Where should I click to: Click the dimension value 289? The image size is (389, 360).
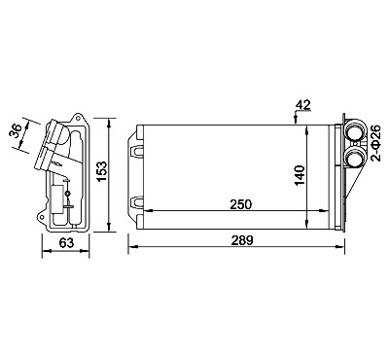click(x=242, y=240)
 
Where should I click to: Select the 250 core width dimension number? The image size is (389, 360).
click(x=241, y=204)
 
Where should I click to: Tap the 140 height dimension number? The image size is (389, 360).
click(x=300, y=175)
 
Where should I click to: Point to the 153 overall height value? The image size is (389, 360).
click(x=102, y=172)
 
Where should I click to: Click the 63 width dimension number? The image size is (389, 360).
click(x=66, y=243)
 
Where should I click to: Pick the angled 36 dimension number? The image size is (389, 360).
click(x=17, y=131)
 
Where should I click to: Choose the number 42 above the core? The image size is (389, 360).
click(x=302, y=105)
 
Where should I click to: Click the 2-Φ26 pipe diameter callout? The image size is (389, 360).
click(x=376, y=143)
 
